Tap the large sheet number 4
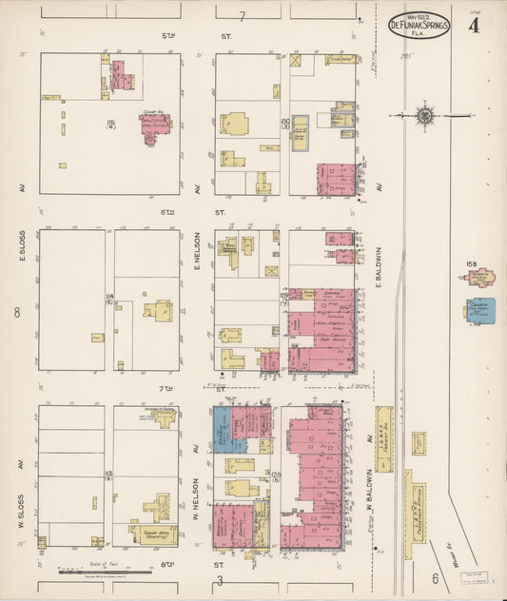(x=472, y=26)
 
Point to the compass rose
(x=424, y=116)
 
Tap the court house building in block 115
(x=151, y=126)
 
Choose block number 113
(x=109, y=475)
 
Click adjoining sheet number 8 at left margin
(x=16, y=311)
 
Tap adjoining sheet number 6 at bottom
(x=433, y=577)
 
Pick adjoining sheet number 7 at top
(x=243, y=16)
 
